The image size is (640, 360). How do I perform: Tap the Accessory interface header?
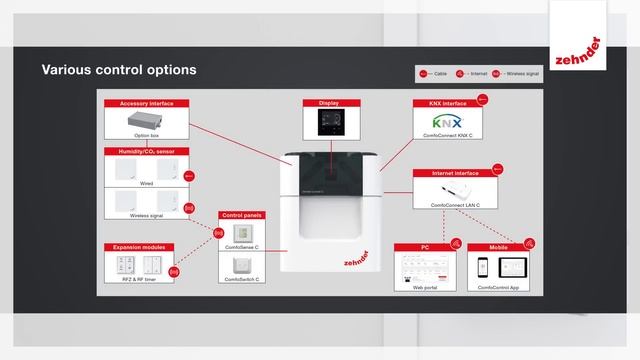(147, 103)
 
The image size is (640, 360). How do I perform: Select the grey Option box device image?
(147, 120)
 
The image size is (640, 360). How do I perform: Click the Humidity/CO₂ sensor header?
(147, 151)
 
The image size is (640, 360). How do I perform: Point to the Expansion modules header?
(140, 247)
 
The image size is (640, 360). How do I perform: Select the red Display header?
(329, 103)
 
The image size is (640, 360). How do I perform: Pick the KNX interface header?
(442, 103)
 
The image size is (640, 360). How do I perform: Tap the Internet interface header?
(455, 173)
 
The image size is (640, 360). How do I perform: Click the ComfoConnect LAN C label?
(455, 204)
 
